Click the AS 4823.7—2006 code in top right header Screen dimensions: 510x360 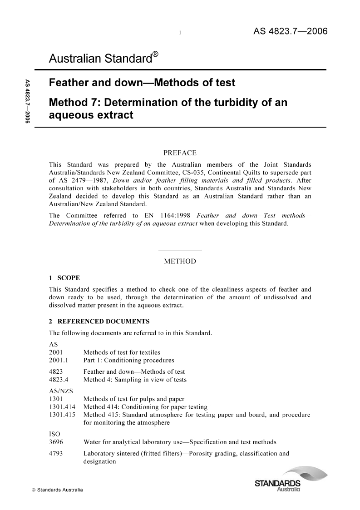[290, 31]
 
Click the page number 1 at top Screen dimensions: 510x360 [180, 33]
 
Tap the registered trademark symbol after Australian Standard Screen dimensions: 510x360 [155, 54]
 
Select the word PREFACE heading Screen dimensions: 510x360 [180, 153]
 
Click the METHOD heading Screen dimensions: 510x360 [180, 262]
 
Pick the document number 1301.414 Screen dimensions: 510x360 [63, 407]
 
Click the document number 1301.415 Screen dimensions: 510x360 [63, 415]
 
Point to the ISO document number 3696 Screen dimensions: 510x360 [55, 442]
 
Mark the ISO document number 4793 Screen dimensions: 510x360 [55, 453]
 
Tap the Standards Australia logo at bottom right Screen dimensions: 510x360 [283, 481]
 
